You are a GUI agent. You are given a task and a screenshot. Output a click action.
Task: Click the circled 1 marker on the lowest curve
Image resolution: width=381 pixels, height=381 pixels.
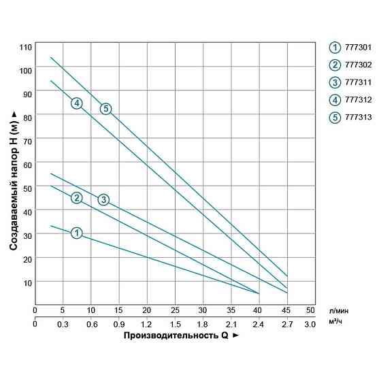tap(77, 233)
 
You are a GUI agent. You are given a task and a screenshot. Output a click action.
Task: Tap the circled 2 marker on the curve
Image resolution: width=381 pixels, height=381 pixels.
tap(77, 197)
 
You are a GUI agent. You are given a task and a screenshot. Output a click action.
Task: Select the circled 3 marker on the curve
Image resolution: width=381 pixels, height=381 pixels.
tap(103, 199)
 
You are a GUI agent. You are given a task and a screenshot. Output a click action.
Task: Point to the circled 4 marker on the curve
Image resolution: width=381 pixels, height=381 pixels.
tap(77, 103)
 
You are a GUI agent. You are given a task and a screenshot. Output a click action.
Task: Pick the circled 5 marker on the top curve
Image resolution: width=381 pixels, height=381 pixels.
tap(105, 108)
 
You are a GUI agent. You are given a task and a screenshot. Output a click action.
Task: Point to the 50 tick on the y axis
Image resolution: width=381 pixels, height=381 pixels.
tap(27, 187)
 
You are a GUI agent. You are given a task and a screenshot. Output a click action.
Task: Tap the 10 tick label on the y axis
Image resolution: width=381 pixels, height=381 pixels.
tap(27, 282)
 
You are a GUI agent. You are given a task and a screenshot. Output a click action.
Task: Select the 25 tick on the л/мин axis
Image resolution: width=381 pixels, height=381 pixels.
tap(175, 310)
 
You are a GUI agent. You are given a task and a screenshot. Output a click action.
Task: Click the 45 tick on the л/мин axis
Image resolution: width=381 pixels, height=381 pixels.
tap(286, 310)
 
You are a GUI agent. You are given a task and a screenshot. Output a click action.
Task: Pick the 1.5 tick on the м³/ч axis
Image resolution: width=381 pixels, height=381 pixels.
tap(175, 324)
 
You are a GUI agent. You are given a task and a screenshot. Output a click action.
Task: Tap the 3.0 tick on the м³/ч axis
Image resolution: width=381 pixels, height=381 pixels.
tap(310, 324)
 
